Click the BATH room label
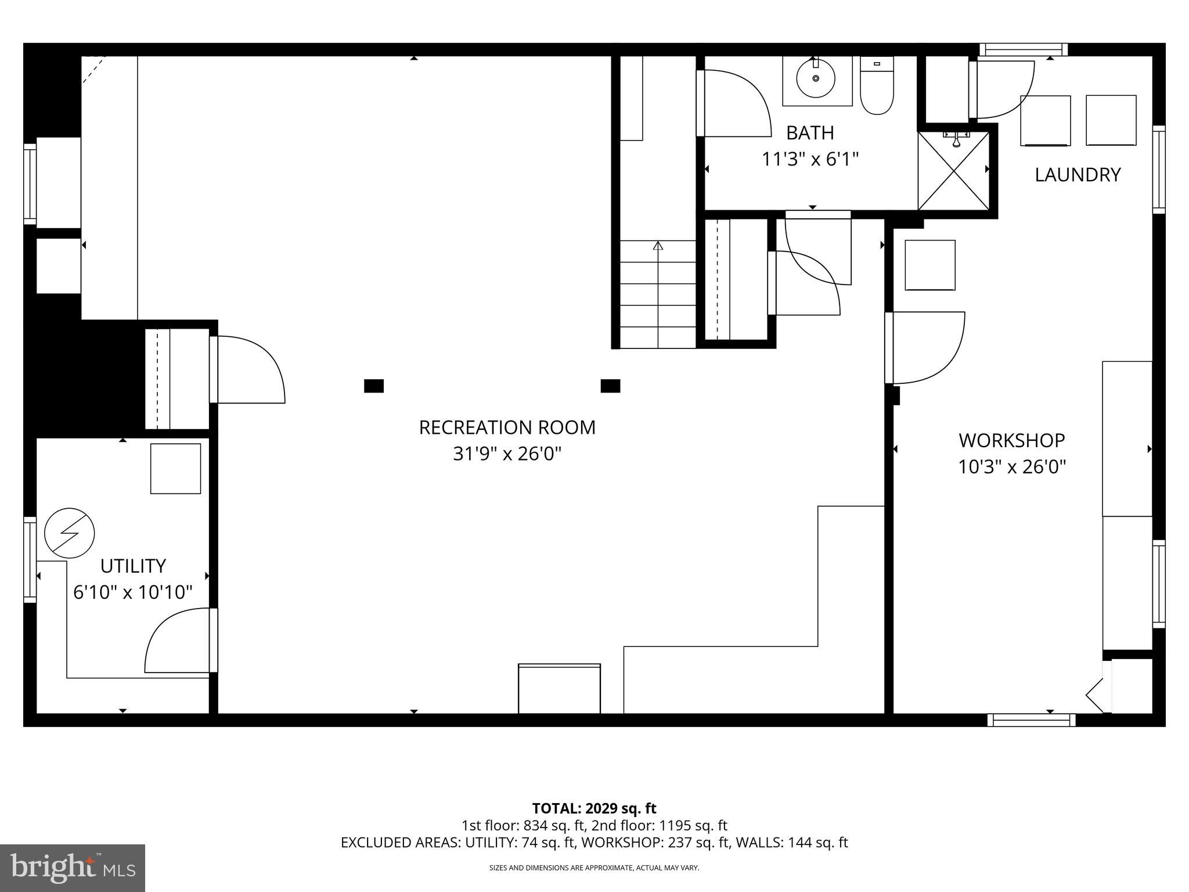click(810, 133)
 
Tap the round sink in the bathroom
click(816, 78)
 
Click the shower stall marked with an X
click(953, 170)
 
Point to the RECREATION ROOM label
click(507, 427)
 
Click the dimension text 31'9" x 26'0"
click(507, 454)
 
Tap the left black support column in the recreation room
click(374, 386)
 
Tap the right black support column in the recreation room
click(610, 386)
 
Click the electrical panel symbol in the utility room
click(70, 533)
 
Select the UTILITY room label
click(133, 566)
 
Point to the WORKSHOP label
click(1011, 441)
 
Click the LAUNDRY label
click(1078, 175)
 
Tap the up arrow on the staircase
click(658, 246)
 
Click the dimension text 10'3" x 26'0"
click(1011, 467)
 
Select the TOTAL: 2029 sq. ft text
click(594, 808)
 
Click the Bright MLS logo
click(73, 868)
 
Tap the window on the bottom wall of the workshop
click(1031, 720)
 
